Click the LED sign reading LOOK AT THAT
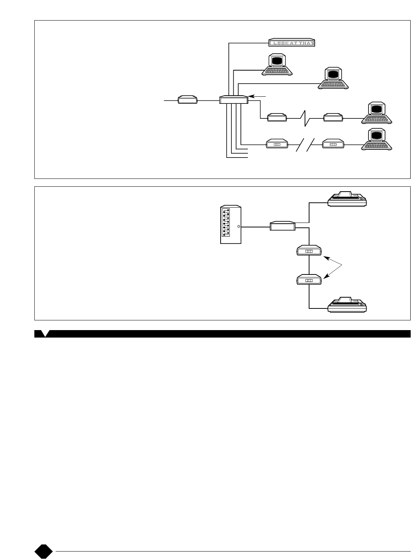(x=292, y=43)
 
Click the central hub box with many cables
(x=234, y=100)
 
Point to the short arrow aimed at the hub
(x=257, y=96)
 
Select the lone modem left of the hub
(x=187, y=100)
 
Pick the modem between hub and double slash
(x=277, y=144)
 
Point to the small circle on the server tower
(x=238, y=226)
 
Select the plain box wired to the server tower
(x=283, y=226)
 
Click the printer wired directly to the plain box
(x=348, y=199)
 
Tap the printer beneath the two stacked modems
(x=348, y=304)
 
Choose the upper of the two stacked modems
(x=309, y=251)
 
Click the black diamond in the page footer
(x=44, y=551)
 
